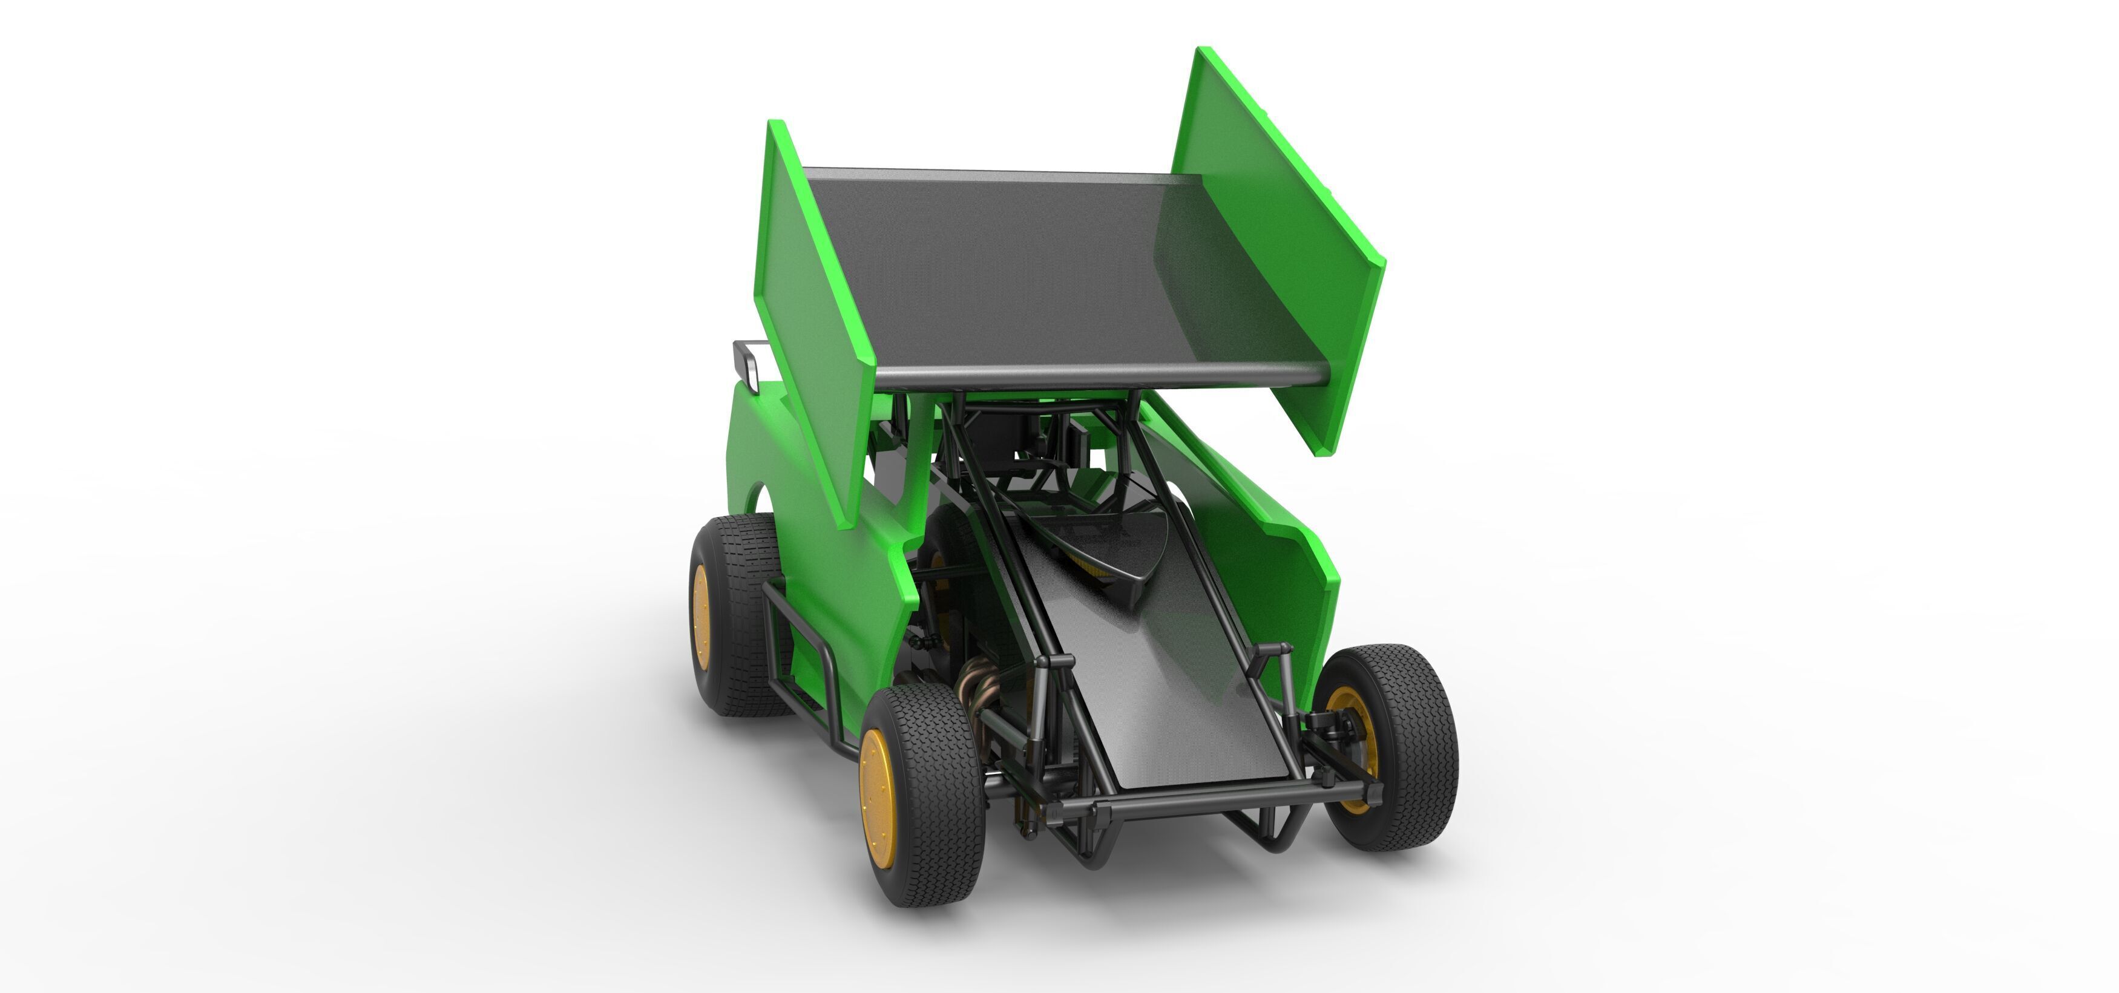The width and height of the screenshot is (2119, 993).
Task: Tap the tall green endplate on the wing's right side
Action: [x=1267, y=238]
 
